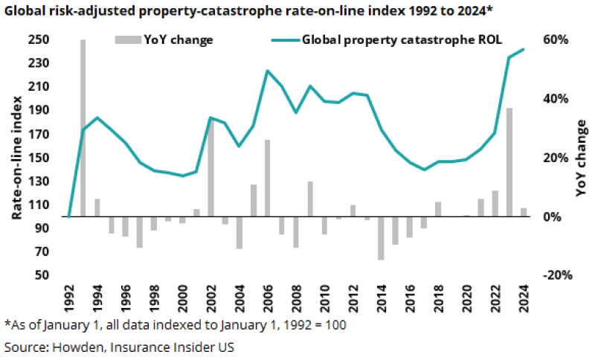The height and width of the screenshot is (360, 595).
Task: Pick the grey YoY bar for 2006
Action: [x=267, y=178]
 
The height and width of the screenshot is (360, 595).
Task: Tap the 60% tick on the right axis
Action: [x=559, y=39]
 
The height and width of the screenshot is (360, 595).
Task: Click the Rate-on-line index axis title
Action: [x=16, y=158]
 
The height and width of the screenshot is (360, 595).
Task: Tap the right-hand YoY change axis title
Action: [x=581, y=158]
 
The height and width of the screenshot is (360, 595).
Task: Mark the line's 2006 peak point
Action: [x=267, y=71]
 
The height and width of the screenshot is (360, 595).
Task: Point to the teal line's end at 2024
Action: [x=524, y=49]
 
